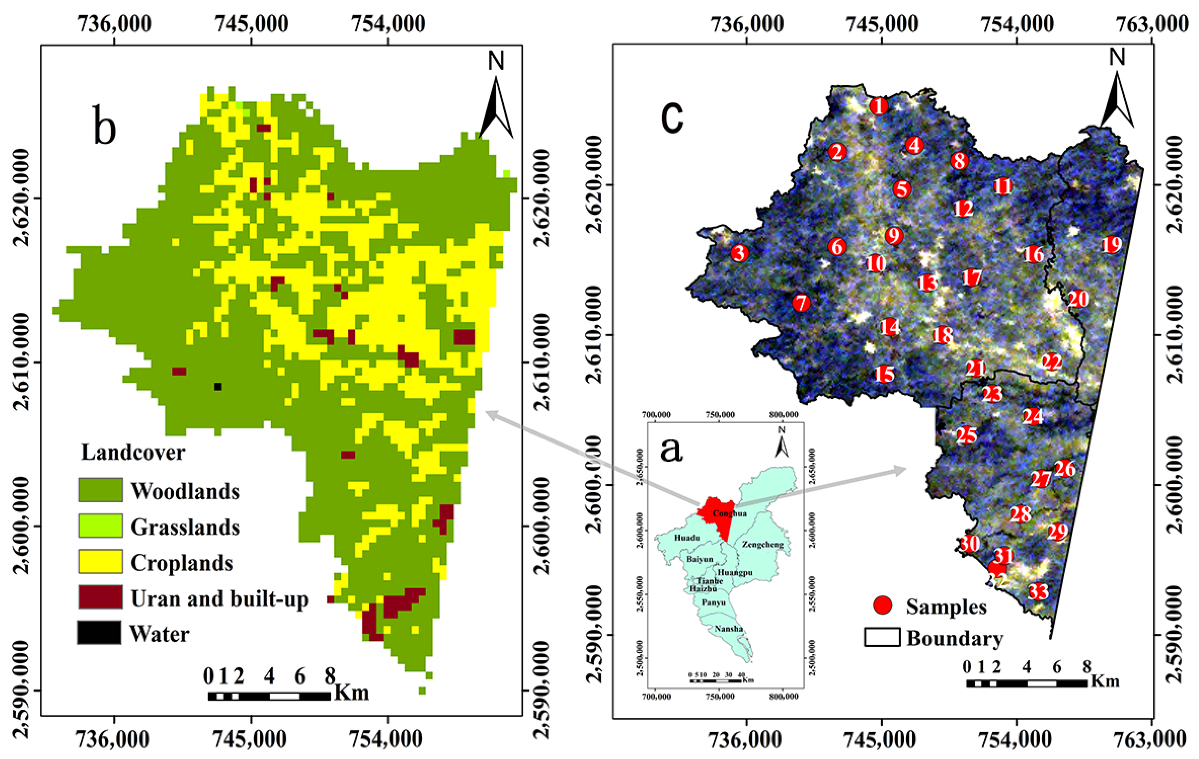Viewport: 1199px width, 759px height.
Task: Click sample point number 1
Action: pyautogui.click(x=879, y=106)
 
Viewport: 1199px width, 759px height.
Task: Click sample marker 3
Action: pyautogui.click(x=740, y=253)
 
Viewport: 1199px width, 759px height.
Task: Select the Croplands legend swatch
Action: pyautogui.click(x=100, y=561)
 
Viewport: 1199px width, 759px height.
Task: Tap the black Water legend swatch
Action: pyautogui.click(x=99, y=633)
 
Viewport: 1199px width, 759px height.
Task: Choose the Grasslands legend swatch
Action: pyautogui.click(x=100, y=526)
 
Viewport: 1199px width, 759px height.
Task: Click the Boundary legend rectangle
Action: pyautogui.click(x=882, y=638)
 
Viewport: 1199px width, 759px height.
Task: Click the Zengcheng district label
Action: pyautogui.click(x=762, y=545)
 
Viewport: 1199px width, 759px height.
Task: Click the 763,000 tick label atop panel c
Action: pyautogui.click(x=1151, y=24)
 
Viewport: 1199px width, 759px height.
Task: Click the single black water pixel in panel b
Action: pyautogui.click(x=218, y=387)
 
